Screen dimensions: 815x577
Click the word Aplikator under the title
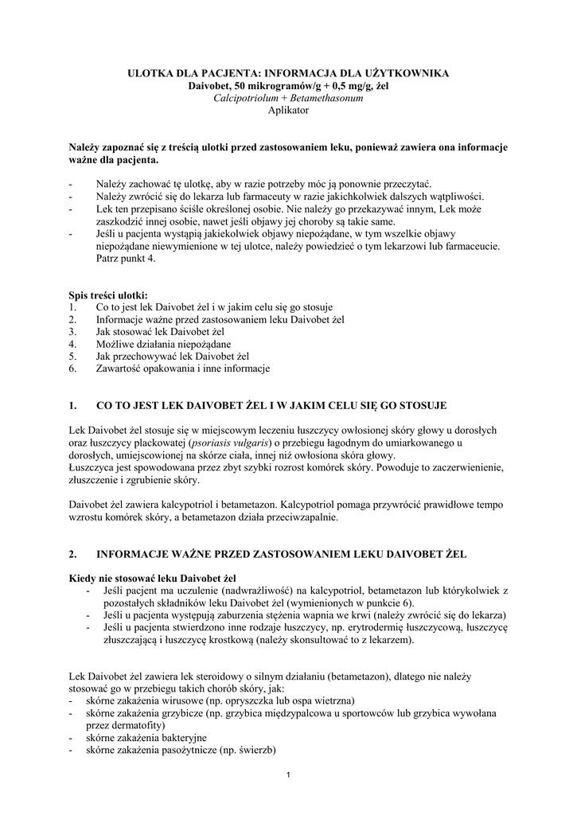coord(288,111)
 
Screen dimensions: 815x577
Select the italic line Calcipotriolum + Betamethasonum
coord(288,98)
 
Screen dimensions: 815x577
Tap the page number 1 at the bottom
coord(289,776)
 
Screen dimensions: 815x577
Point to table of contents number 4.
coord(72,344)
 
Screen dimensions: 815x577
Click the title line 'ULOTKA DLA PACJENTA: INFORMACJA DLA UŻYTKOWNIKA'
coord(288,73)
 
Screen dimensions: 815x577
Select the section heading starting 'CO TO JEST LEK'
coord(271,406)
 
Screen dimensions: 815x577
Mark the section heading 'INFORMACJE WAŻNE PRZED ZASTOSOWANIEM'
coord(281,553)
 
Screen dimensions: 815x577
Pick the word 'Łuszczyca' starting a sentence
coord(93,467)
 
